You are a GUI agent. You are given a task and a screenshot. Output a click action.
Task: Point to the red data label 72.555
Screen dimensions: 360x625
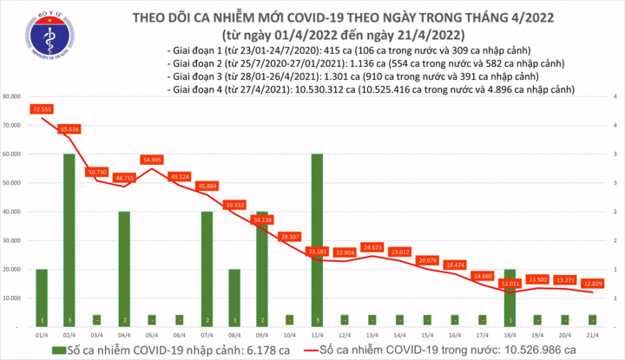41,109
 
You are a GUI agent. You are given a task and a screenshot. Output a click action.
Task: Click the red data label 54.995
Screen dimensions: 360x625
152,160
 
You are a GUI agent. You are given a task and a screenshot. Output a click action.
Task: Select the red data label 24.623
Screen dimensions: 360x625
374,247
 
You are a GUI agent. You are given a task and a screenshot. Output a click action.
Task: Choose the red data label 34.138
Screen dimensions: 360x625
263,220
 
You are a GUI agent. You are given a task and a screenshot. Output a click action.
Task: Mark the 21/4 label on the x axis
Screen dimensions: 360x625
595,333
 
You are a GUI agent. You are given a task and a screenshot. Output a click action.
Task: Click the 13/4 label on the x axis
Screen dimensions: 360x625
374,333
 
